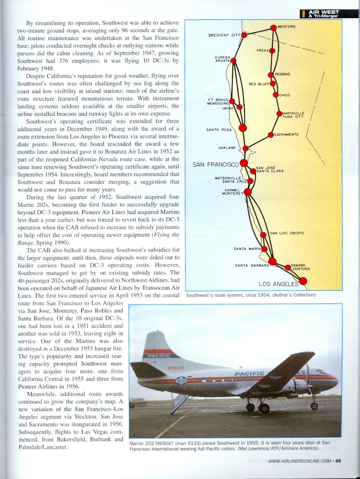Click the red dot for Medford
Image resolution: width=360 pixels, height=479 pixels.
click(x=274, y=27)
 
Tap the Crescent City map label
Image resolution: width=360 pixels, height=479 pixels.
click(x=224, y=35)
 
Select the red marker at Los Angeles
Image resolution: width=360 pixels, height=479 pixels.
click(x=303, y=281)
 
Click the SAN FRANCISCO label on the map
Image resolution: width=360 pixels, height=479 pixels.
click(x=215, y=165)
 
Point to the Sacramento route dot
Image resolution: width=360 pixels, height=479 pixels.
click(x=271, y=135)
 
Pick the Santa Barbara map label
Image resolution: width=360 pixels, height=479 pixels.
click(x=252, y=265)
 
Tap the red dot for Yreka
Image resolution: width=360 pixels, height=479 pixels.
click(x=272, y=51)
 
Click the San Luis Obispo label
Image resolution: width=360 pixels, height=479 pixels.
click(x=287, y=233)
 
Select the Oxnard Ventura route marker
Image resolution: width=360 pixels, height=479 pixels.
click(x=288, y=268)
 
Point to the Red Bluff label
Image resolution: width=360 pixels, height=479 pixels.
click(x=259, y=84)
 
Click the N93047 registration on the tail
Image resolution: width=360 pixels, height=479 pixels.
click(x=176, y=368)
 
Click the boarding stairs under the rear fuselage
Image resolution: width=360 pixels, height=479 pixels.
click(x=179, y=403)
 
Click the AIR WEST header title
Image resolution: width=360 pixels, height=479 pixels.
click(x=323, y=12)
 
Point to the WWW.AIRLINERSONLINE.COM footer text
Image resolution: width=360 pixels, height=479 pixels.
click(x=300, y=461)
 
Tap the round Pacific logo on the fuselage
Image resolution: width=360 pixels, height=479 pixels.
click(x=181, y=380)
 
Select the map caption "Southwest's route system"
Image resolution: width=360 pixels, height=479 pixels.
click(x=251, y=295)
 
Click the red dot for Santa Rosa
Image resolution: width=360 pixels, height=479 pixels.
click(x=243, y=128)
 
